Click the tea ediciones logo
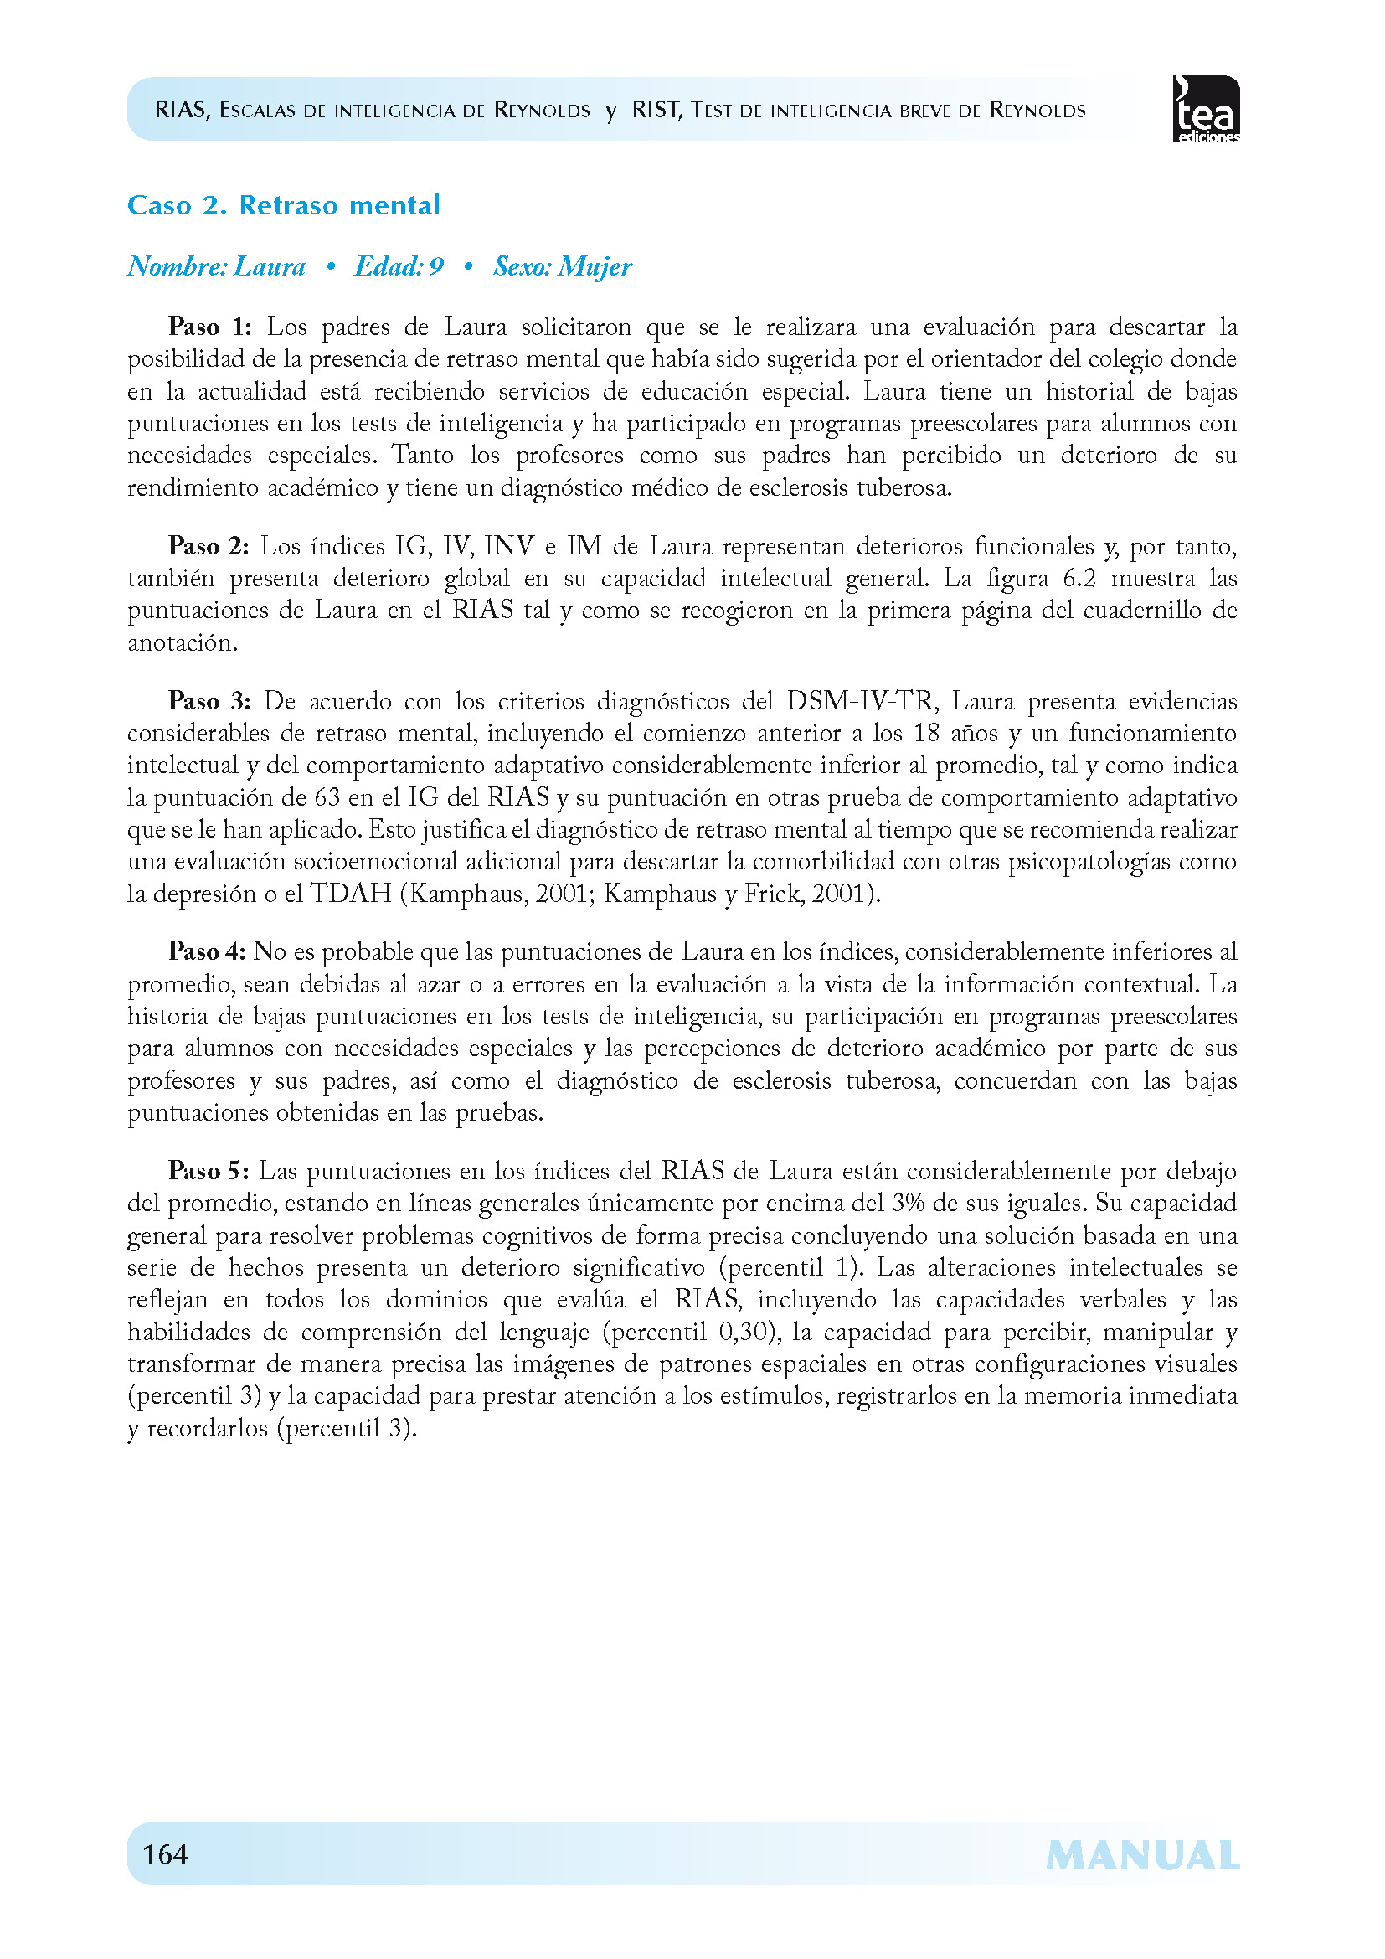point(1206,109)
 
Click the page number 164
point(165,1854)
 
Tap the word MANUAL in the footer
point(1142,1856)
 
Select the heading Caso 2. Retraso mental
point(283,206)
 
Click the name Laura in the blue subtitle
point(270,267)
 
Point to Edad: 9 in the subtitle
point(399,267)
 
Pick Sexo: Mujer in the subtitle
point(563,267)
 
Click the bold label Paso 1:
point(210,327)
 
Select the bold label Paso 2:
point(209,546)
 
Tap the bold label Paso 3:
point(209,701)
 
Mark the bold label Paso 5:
point(209,1171)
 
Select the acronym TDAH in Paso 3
point(351,894)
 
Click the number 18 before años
point(928,734)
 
